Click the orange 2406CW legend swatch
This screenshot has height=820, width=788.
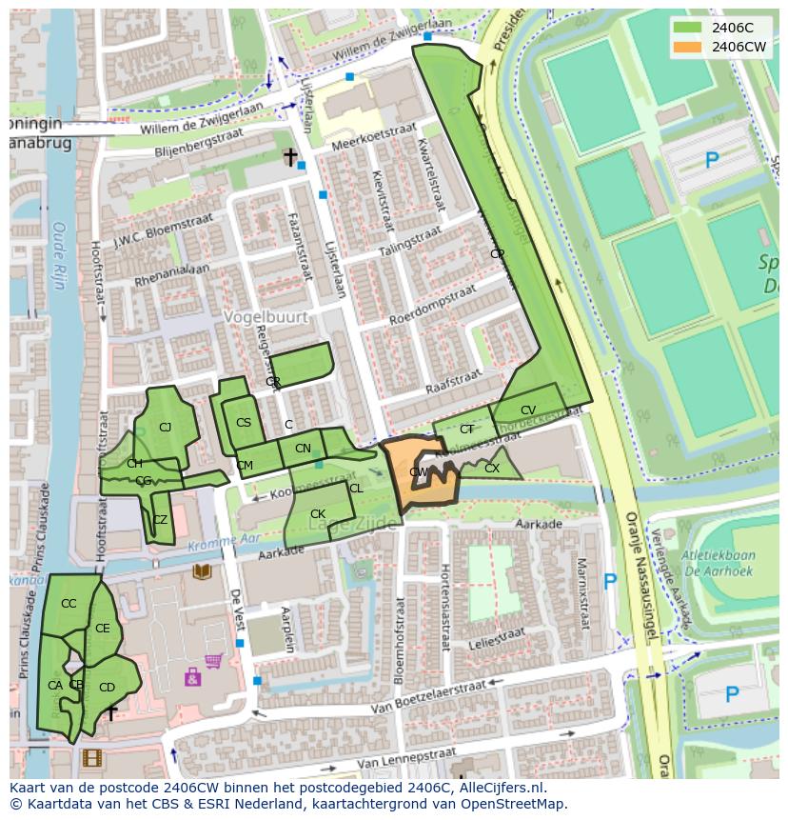tap(688, 47)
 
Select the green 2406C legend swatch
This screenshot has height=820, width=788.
tap(688, 28)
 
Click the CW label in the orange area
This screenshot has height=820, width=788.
tap(418, 472)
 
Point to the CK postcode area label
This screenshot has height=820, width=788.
tap(318, 514)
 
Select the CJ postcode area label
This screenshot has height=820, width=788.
tap(165, 428)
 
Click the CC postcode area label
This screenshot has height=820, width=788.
tap(69, 604)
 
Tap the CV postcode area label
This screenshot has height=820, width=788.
tap(528, 410)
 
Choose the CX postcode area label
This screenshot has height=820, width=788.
tap(492, 469)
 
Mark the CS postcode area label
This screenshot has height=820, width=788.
tap(244, 423)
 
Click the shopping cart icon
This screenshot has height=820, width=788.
tap(214, 660)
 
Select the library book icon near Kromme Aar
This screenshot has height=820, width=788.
tap(202, 571)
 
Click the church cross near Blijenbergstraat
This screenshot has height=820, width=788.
tap(290, 157)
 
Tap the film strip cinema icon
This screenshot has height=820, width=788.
tap(90, 758)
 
